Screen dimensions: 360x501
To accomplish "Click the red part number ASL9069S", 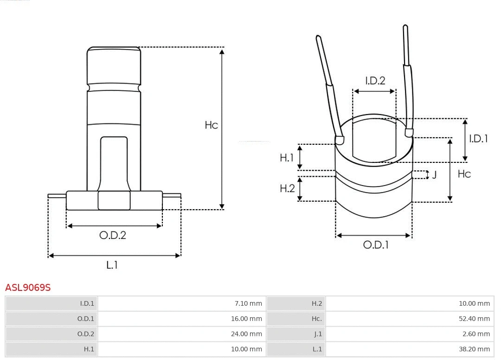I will coord(28,288).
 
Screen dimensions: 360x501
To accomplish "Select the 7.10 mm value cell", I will coord(249,304).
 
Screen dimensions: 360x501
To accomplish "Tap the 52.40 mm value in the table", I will coord(474,319).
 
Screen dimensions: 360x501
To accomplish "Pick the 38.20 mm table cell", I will coord(474,349).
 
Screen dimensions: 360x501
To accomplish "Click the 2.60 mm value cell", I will coord(476,334).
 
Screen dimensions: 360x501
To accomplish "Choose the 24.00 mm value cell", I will coord(247,334).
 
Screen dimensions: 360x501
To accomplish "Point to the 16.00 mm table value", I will coord(247,319).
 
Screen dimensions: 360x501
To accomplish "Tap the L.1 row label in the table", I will coord(317,349).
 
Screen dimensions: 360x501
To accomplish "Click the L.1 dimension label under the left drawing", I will coord(112,265).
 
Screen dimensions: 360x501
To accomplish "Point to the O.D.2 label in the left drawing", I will coord(113,235).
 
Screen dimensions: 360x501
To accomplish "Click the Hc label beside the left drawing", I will coord(211,125).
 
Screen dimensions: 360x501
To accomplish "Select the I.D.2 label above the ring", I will coord(375,81).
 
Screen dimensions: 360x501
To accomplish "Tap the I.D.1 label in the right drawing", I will coord(478,138).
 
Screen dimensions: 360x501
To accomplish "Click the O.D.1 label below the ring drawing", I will coord(375,245).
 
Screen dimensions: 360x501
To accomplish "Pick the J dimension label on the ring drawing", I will coord(434,175).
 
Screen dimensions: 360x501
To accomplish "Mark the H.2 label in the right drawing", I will coord(287,188).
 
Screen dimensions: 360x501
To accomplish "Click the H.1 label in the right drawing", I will coord(287,158).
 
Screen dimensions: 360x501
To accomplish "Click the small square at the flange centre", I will coord(114,200).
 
